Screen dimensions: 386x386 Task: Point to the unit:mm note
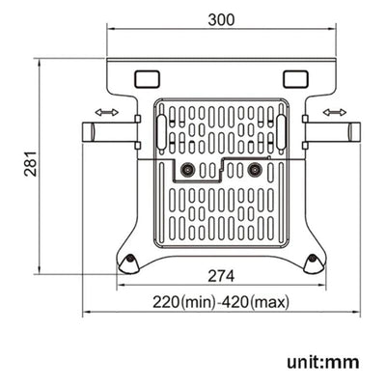(x=322, y=362)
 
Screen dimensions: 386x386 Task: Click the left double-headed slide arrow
(x=106, y=114)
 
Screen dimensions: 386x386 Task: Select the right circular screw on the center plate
(x=255, y=170)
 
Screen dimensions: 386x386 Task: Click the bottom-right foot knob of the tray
(x=313, y=259)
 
